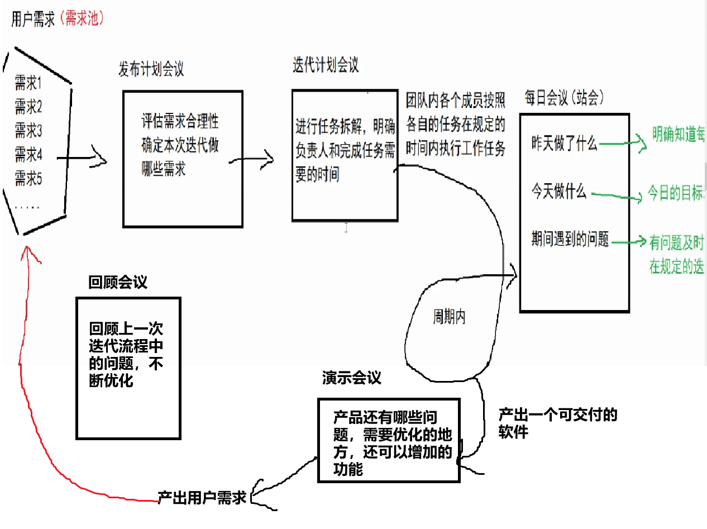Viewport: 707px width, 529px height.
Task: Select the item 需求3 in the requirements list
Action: coord(28,131)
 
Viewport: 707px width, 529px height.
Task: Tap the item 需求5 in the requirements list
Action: coord(28,179)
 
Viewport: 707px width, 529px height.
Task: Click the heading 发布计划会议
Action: coord(151,69)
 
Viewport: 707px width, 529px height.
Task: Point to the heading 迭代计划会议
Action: coord(326,65)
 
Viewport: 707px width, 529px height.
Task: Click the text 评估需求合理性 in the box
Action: coord(180,121)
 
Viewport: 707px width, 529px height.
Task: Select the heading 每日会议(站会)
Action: coord(564,98)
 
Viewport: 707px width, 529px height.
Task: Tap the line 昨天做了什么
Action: coord(564,144)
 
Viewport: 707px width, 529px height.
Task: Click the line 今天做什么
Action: coord(558,193)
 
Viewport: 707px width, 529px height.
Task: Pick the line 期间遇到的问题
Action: coord(570,240)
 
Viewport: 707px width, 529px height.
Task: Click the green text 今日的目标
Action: coord(676,194)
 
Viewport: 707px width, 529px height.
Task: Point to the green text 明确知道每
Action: coord(679,135)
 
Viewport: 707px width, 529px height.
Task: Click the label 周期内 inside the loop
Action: coord(450,317)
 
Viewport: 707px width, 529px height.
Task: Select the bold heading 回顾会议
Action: coord(118,282)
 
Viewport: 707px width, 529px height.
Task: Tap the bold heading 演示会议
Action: coord(351,378)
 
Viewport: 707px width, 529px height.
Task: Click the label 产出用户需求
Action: coord(202,498)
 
